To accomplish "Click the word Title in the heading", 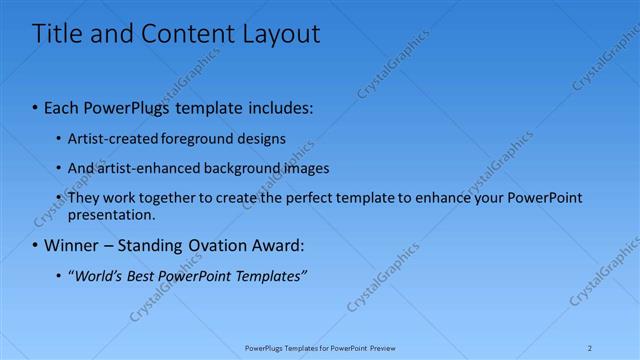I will pyautogui.click(x=57, y=35).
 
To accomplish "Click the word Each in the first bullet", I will pyautogui.click(x=64, y=106).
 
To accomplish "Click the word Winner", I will pyautogui.click(x=73, y=245).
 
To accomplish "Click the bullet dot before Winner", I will pyautogui.click(x=36, y=245).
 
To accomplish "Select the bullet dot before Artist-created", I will pyautogui.click(x=58, y=138).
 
